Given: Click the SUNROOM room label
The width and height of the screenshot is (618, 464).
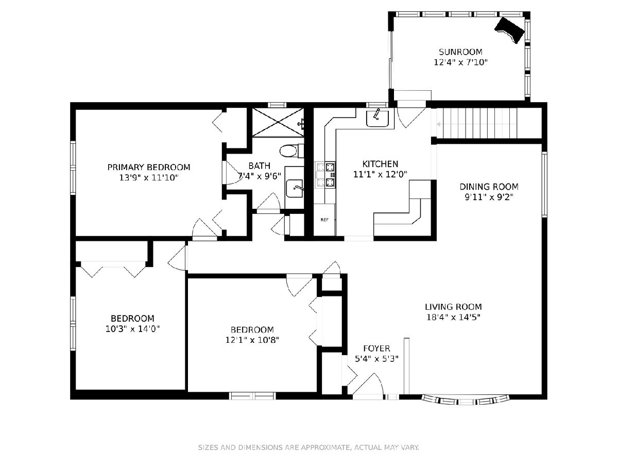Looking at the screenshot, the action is (460, 52).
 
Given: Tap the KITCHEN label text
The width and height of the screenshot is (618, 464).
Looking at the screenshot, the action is (380, 164).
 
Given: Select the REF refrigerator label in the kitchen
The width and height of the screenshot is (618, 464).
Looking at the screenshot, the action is (324, 220).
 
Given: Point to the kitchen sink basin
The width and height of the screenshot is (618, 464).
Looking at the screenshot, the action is (377, 119).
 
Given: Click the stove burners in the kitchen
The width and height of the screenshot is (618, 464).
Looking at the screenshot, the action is (330, 175).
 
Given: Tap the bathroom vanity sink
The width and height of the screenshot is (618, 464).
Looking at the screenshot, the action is (295, 189).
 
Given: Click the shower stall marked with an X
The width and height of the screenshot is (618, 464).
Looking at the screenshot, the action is (278, 122).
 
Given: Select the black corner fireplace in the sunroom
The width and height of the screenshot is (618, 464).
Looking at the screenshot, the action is (510, 30).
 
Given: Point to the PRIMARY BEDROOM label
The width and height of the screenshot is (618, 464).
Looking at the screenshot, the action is (149, 168).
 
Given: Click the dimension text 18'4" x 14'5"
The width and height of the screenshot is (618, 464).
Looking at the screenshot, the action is (453, 318).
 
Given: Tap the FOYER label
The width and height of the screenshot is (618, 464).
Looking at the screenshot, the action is (376, 349).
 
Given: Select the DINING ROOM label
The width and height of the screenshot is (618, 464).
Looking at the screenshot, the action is (489, 187).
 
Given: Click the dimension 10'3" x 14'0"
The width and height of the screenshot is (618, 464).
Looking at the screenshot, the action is (132, 329).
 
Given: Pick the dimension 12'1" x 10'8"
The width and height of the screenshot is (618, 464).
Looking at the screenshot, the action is (252, 340).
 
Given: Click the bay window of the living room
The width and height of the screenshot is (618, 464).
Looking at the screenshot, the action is (466, 400).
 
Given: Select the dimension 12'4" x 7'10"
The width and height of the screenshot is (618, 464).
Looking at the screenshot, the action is (460, 62).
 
